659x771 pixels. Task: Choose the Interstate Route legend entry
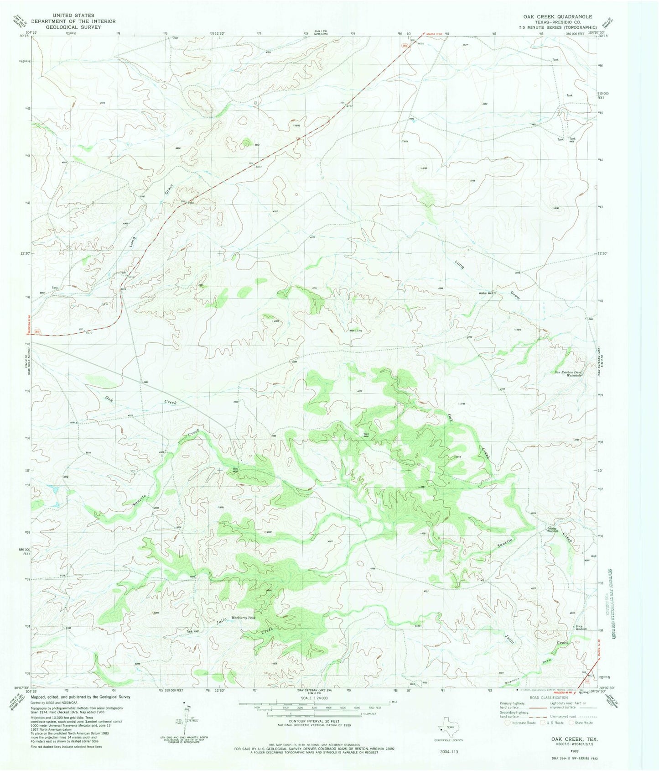521,723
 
